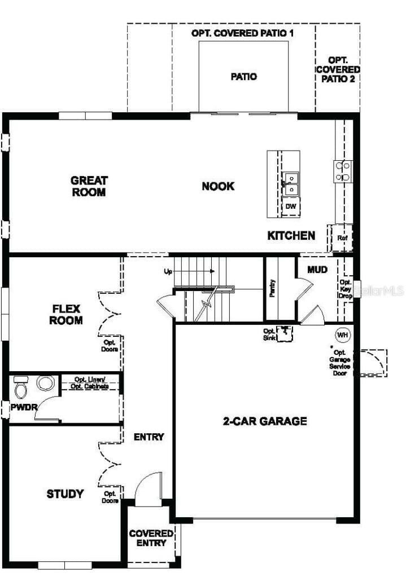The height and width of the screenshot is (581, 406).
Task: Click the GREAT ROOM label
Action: (89, 186)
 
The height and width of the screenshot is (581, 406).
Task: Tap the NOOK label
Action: (218, 186)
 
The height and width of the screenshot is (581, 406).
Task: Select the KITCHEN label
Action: (291, 235)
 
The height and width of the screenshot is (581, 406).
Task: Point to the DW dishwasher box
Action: (291, 206)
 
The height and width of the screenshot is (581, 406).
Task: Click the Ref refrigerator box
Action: (342, 238)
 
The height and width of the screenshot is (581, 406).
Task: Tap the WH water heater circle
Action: (342, 334)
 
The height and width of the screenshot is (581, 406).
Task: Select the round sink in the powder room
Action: (45, 383)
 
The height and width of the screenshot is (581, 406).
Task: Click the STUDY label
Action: (65, 494)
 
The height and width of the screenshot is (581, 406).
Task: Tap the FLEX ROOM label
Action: (67, 315)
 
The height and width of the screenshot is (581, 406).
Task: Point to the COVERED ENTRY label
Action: (151, 538)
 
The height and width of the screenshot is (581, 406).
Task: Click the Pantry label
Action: (273, 288)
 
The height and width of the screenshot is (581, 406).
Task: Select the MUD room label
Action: (317, 270)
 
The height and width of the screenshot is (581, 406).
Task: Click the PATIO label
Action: (244, 76)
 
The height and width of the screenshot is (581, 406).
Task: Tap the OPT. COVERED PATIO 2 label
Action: (338, 69)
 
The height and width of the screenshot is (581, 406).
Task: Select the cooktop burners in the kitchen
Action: (343, 170)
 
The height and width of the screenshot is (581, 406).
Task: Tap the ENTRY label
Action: (149, 437)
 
